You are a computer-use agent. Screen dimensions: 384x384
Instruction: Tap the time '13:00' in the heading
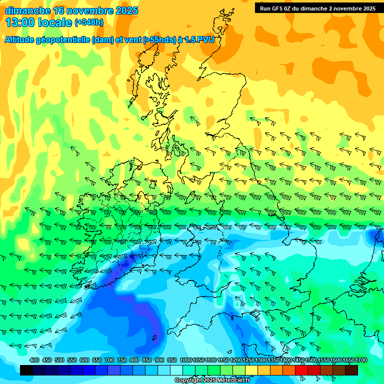click(x=20, y=22)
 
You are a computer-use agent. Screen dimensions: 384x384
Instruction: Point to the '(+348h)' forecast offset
click(x=89, y=22)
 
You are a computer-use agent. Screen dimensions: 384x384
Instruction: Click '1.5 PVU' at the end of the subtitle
click(x=199, y=40)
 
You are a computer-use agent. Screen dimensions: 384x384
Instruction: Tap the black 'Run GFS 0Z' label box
click(x=317, y=8)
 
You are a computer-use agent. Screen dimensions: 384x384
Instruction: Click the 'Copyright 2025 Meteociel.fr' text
click(x=212, y=380)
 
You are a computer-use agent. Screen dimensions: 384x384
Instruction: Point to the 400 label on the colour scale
click(x=34, y=360)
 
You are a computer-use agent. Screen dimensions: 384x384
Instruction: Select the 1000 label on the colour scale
click(x=186, y=360)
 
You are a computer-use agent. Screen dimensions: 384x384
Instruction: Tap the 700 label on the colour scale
click(x=109, y=360)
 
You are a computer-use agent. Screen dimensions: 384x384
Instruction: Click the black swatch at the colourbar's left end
click(x=26, y=370)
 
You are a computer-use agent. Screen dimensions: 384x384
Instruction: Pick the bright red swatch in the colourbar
click(x=301, y=370)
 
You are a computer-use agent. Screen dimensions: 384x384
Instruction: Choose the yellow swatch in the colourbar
click(x=251, y=370)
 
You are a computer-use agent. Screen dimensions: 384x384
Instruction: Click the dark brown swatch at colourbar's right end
click(x=351, y=370)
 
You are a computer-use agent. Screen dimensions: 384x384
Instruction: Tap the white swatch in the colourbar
click(x=176, y=370)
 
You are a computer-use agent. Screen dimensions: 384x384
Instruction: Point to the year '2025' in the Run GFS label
click(x=368, y=8)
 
